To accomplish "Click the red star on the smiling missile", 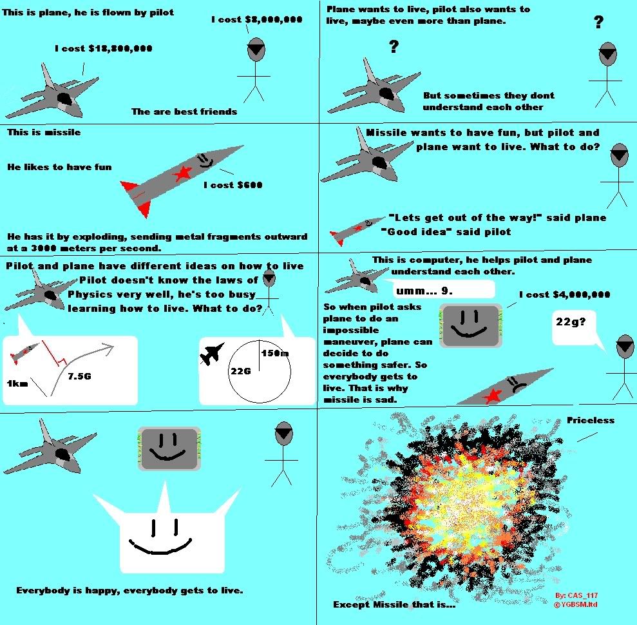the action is pos(182,173).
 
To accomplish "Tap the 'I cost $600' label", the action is pos(233,185).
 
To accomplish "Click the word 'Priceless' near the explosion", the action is pos(590,420).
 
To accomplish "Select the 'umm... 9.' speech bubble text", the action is pos(424,291).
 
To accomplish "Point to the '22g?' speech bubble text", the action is pos(571,322).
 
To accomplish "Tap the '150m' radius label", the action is pos(275,352).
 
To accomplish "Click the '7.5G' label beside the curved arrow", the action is pos(79,376).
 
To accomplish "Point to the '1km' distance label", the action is pos(17,383).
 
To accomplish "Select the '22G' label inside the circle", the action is pos(241,371).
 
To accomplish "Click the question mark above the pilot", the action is pos(598,22).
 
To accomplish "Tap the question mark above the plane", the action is pos(394,47).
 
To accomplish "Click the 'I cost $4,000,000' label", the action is pos(565,294).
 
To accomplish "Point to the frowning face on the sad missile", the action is pos(515,384).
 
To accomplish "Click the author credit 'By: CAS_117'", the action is pos(576,595).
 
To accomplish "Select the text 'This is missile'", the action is pos(44,132).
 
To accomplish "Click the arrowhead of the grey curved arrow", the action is pos(108,347).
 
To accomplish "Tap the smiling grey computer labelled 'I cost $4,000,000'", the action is pos(471,326).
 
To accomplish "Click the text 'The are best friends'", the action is pos(184,111).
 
